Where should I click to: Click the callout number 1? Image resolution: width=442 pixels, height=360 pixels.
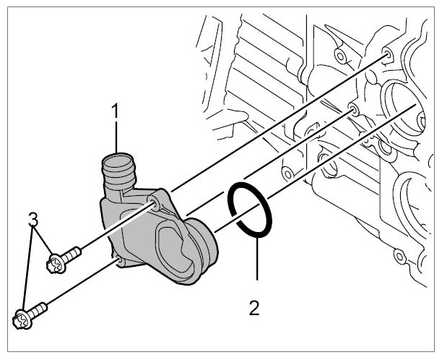click(116, 111)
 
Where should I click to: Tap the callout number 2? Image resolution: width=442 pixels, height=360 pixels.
click(254, 308)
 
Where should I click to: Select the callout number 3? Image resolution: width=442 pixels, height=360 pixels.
click(33, 220)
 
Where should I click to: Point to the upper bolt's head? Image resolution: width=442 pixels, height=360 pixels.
click(56, 263)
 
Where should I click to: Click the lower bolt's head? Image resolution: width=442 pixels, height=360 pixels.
click(22, 319)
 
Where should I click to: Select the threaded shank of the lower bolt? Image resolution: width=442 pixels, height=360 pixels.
click(38, 310)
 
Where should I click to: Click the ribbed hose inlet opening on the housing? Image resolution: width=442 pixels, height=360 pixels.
click(118, 160)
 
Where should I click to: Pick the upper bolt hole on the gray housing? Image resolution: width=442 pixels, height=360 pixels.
click(155, 202)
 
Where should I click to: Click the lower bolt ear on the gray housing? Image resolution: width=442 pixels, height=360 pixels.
click(120, 261)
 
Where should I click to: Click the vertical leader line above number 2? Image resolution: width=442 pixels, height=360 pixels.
click(257, 258)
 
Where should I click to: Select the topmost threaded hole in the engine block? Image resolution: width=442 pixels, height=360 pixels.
click(387, 54)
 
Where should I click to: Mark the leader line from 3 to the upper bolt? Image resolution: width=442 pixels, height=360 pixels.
click(43, 240)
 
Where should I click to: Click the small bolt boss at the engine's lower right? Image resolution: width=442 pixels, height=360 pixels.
click(399, 257)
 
